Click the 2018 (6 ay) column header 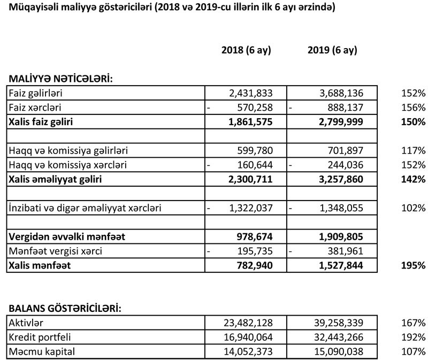tap(246, 51)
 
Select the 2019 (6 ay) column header tap(332, 51)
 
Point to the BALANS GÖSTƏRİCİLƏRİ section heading tap(64, 309)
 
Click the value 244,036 tap(344, 165)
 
